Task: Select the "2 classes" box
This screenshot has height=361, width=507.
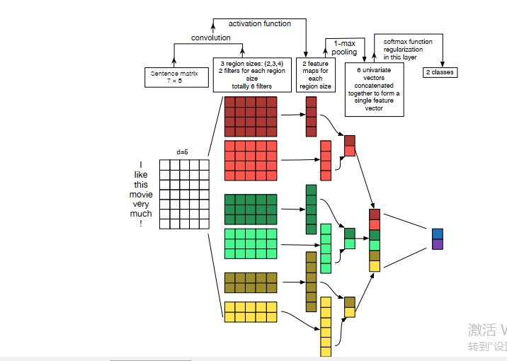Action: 440,72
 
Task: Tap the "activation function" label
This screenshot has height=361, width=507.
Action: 260,23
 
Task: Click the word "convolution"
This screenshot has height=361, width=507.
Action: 211,38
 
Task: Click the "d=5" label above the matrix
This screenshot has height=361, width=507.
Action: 183,151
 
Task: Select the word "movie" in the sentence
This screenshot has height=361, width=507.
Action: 140,194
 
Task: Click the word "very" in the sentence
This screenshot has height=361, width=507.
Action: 141,204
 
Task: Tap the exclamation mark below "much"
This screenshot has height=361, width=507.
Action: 141,224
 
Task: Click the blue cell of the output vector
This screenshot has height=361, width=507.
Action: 438,234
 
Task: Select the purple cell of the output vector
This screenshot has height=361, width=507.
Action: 438,244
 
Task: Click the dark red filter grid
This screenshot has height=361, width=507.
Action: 251,117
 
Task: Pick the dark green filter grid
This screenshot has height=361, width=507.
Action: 251,209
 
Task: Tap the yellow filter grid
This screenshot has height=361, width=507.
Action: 251,312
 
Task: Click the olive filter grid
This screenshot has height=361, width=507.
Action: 251,282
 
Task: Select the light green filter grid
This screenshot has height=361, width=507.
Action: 251,243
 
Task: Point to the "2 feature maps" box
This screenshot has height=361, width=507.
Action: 315,75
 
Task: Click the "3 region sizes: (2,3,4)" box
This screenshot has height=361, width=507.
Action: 252,75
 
